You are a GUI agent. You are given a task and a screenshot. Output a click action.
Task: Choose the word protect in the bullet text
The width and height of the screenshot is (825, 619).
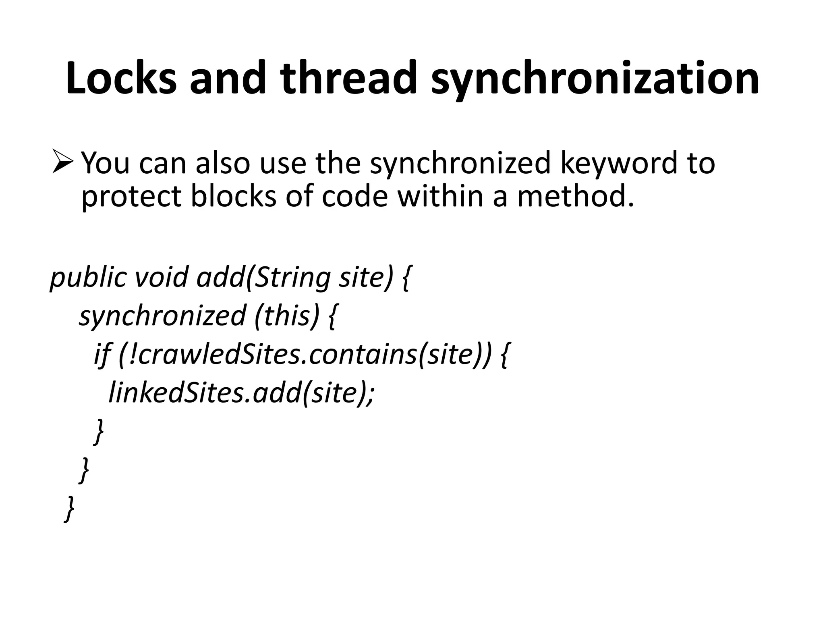coord(131,197)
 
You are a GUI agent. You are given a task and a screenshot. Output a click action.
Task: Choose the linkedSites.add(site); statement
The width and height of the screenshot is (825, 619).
coord(241,393)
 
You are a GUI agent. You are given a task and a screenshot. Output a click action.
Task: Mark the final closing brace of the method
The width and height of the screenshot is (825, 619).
coord(70,509)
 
